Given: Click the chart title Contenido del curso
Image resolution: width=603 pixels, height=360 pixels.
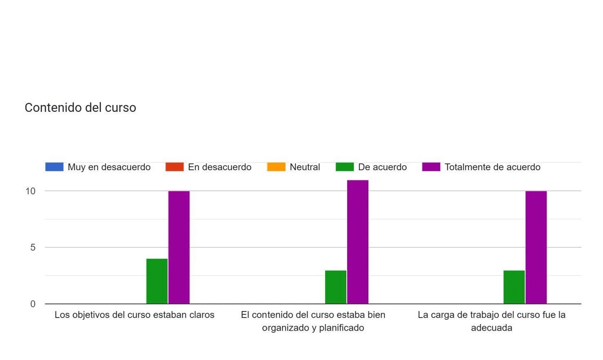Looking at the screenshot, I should pos(80,108).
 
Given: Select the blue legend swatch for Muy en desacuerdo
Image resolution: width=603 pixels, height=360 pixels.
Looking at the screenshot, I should pos(54,167).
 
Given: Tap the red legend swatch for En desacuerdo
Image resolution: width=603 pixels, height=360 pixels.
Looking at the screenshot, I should pos(175,167).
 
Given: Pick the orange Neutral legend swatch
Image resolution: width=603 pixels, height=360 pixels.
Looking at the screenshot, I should pos(276,167).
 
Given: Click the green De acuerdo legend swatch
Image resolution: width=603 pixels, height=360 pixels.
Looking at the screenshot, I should pos(345,167).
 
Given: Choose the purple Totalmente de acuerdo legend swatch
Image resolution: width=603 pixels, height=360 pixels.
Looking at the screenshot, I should pos(431,167).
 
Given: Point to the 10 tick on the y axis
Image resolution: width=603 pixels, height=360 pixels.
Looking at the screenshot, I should pos(31,191).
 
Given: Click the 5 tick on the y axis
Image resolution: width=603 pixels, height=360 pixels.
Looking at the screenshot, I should pos(33,247).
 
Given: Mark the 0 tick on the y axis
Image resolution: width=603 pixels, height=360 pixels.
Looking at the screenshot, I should pos(33,304).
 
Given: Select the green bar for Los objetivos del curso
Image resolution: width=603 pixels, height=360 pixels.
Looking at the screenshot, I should pos(157,281).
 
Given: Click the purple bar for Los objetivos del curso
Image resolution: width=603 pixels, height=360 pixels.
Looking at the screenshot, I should pos(179,247).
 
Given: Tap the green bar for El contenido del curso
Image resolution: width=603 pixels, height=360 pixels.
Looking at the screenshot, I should pos(336,287).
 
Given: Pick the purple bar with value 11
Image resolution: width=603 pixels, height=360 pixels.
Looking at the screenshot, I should pos(358,242).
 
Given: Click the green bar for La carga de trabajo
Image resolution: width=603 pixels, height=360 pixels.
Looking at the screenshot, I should pos(514,287).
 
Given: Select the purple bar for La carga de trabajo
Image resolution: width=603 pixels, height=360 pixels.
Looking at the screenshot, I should pos(536,247).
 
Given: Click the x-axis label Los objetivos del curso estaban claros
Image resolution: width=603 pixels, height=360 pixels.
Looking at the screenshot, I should pos(134,315).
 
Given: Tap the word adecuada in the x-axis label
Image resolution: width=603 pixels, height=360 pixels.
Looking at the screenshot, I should pos(492,328).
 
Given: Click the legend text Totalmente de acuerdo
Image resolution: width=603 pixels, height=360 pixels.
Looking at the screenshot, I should pos(492,167).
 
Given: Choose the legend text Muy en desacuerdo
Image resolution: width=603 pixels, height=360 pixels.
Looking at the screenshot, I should pos(109,167).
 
